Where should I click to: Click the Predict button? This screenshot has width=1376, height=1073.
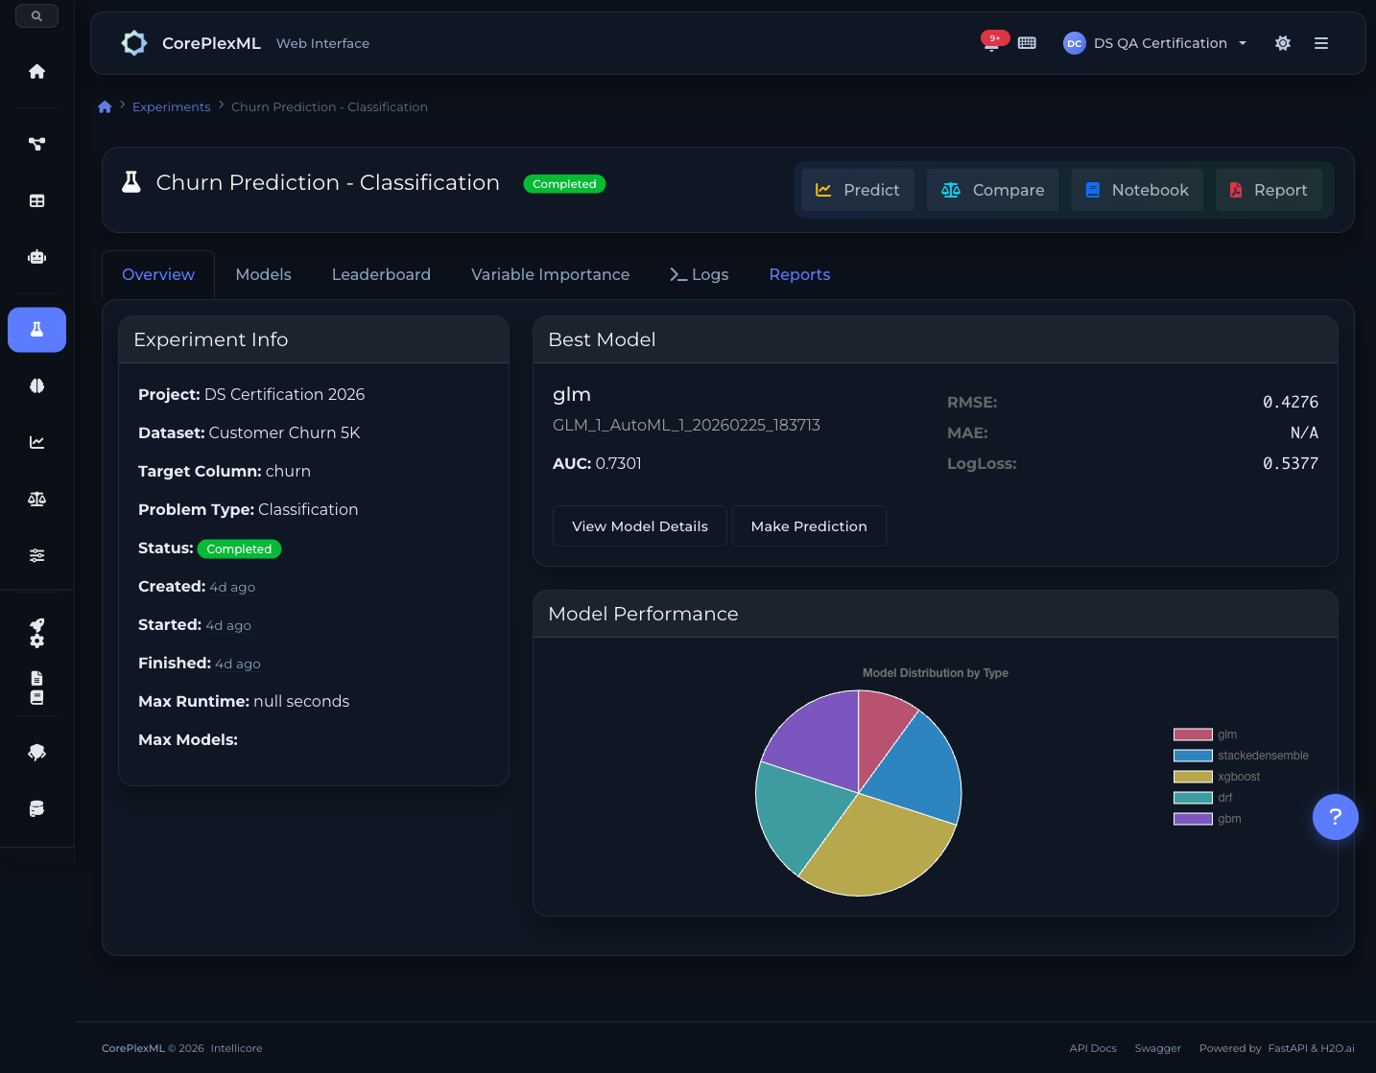[x=857, y=190]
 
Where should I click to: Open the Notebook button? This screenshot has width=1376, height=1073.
[x=1136, y=190]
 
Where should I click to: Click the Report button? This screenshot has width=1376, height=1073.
[x=1268, y=190]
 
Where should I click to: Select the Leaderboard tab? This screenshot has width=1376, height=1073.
[x=381, y=274]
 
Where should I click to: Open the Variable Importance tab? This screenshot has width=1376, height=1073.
[x=550, y=274]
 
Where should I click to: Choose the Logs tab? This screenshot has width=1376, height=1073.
[x=699, y=274]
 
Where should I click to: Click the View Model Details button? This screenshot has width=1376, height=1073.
[x=639, y=526]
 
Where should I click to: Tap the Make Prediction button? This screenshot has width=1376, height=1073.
[x=808, y=526]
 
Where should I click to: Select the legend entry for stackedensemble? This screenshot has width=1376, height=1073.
[x=1241, y=756]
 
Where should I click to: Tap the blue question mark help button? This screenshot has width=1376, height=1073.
[x=1335, y=817]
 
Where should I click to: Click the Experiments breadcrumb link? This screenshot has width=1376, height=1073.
[x=171, y=106]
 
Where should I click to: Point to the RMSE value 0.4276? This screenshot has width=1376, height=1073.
[x=1290, y=402]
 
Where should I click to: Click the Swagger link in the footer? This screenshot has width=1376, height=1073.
[x=1157, y=1048]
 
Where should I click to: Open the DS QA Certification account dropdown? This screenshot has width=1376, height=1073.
[x=1156, y=43]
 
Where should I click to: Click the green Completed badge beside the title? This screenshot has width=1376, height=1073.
[x=564, y=184]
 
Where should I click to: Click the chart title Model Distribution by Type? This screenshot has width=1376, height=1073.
[x=935, y=673]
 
